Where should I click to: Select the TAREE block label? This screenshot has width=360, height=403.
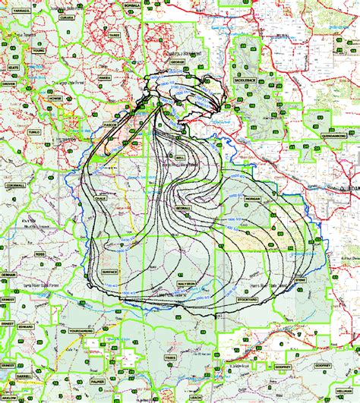pyautogui.click(x=114, y=35)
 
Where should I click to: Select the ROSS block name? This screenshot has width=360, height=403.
pyautogui.click(x=40, y=254)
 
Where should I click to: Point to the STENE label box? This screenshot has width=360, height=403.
pyautogui.click(x=300, y=280)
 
